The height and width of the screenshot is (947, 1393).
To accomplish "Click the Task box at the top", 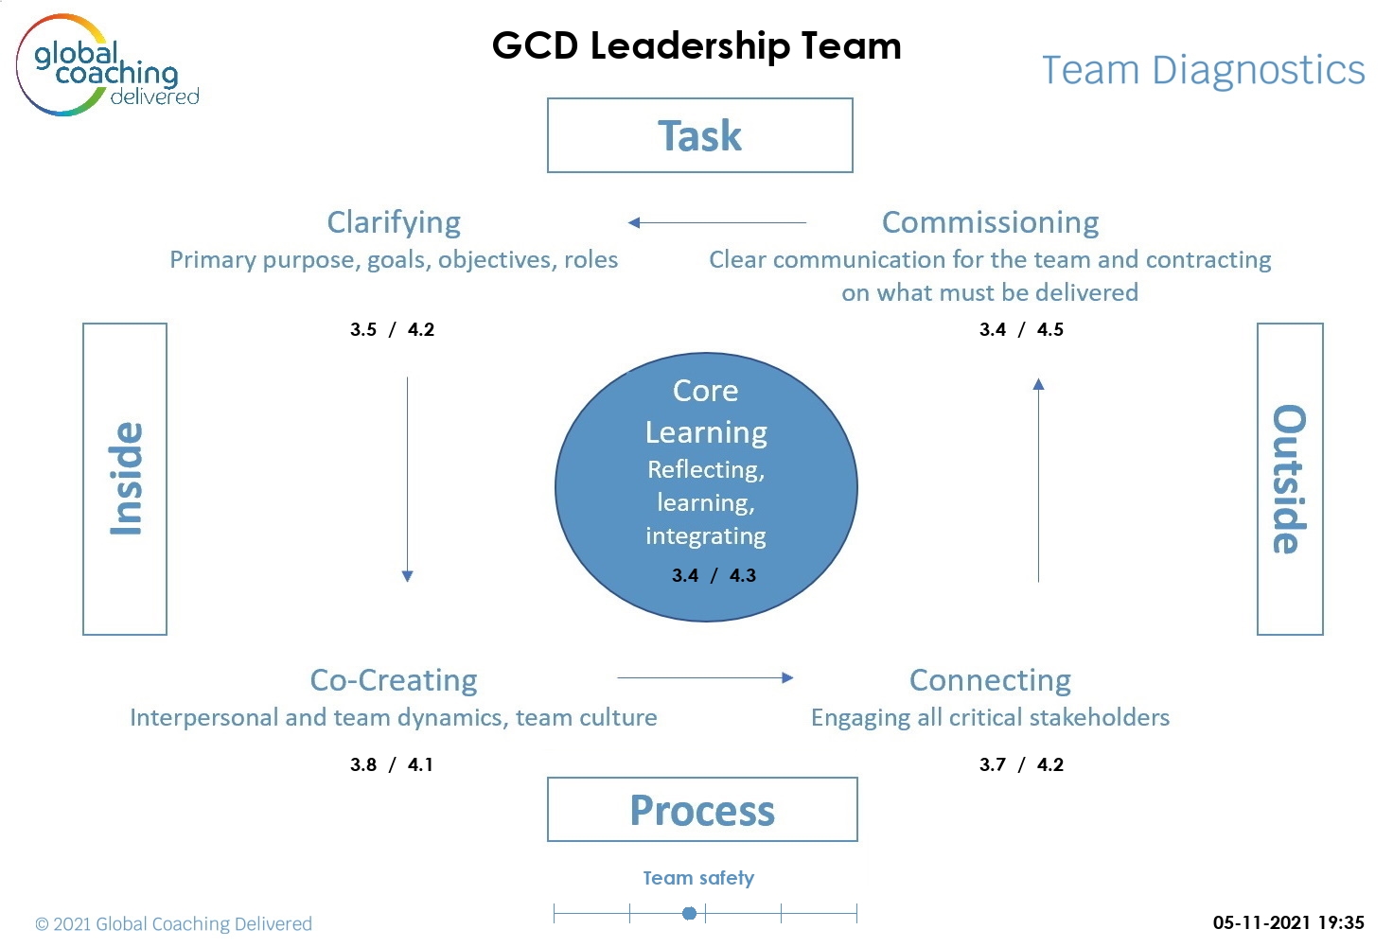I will pos(700,135).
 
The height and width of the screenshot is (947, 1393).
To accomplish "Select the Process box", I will pos(702,810).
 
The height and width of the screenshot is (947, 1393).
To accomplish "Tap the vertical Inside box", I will pos(125,479).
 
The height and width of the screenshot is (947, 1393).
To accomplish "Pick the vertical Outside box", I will pos(1289,479).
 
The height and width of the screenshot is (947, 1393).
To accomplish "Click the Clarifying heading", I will pos(394,222).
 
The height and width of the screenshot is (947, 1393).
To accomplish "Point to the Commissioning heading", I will pos(990,222).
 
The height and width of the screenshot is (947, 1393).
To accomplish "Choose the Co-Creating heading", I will pos(394,680).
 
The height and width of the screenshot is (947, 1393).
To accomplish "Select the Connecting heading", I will pos(990,680).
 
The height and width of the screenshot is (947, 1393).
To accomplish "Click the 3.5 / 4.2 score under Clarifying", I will pos(392,329).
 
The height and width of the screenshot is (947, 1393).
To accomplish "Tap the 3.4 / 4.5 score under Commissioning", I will pos(1021,329).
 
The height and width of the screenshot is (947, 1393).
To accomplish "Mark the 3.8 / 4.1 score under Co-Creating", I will pos(392,764).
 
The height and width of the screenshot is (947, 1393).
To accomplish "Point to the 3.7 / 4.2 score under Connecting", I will pos(1021,764).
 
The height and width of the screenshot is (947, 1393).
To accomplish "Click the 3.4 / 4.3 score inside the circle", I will pos(714,575).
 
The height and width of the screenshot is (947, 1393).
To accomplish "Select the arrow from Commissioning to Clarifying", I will pos(717,223).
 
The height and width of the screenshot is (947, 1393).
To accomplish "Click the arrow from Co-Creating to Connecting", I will pos(705,677).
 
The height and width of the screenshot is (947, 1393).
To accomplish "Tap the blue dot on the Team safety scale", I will pos(690,913).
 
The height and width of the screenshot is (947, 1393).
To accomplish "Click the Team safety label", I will pos(698,878).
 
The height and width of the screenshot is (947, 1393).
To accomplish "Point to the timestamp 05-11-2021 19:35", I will pos(1288,922).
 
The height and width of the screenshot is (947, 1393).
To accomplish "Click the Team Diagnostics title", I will pos(1203,70).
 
